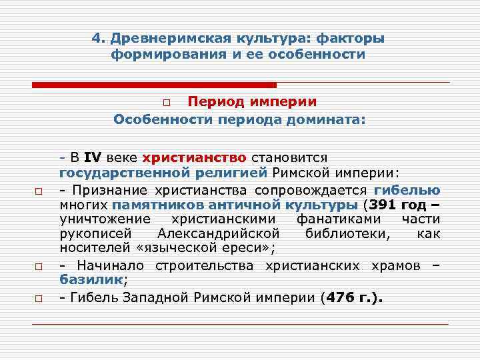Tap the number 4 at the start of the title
[x=95, y=39]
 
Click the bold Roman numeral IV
[x=92, y=158]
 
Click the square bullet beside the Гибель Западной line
[x=39, y=297]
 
